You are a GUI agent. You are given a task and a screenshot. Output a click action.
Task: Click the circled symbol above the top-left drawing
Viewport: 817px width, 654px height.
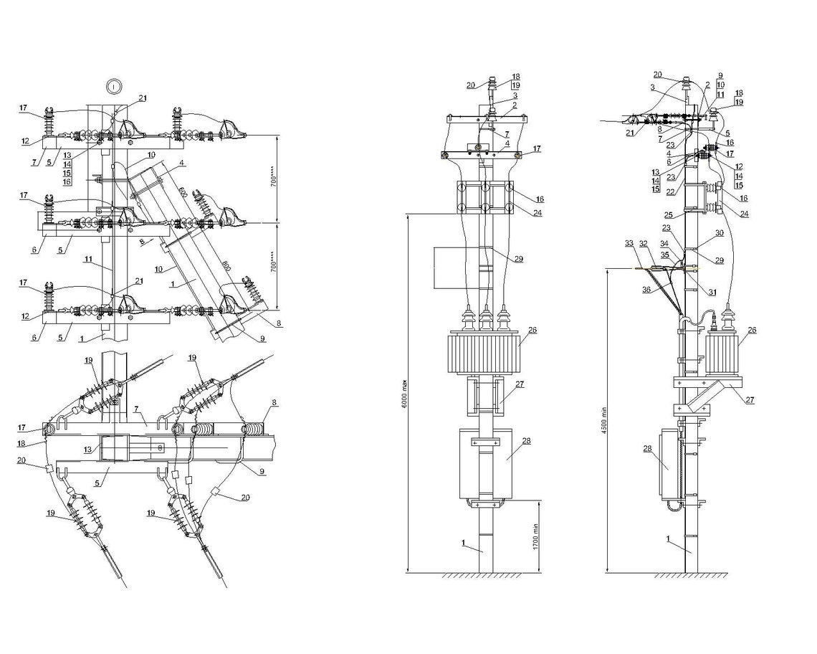pyautogui.click(x=114, y=85)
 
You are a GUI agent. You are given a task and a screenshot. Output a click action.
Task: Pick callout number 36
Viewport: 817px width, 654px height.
pyautogui.click(x=648, y=290)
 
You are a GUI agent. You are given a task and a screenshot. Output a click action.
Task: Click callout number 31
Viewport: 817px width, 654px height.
pyautogui.click(x=711, y=292)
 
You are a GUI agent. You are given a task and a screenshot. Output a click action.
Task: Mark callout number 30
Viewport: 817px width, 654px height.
pyautogui.click(x=719, y=233)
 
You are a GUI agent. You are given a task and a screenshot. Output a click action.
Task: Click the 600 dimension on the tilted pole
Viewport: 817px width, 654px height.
pyautogui.click(x=183, y=193)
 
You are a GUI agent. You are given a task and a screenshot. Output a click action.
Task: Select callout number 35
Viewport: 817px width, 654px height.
pyautogui.click(x=664, y=254)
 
